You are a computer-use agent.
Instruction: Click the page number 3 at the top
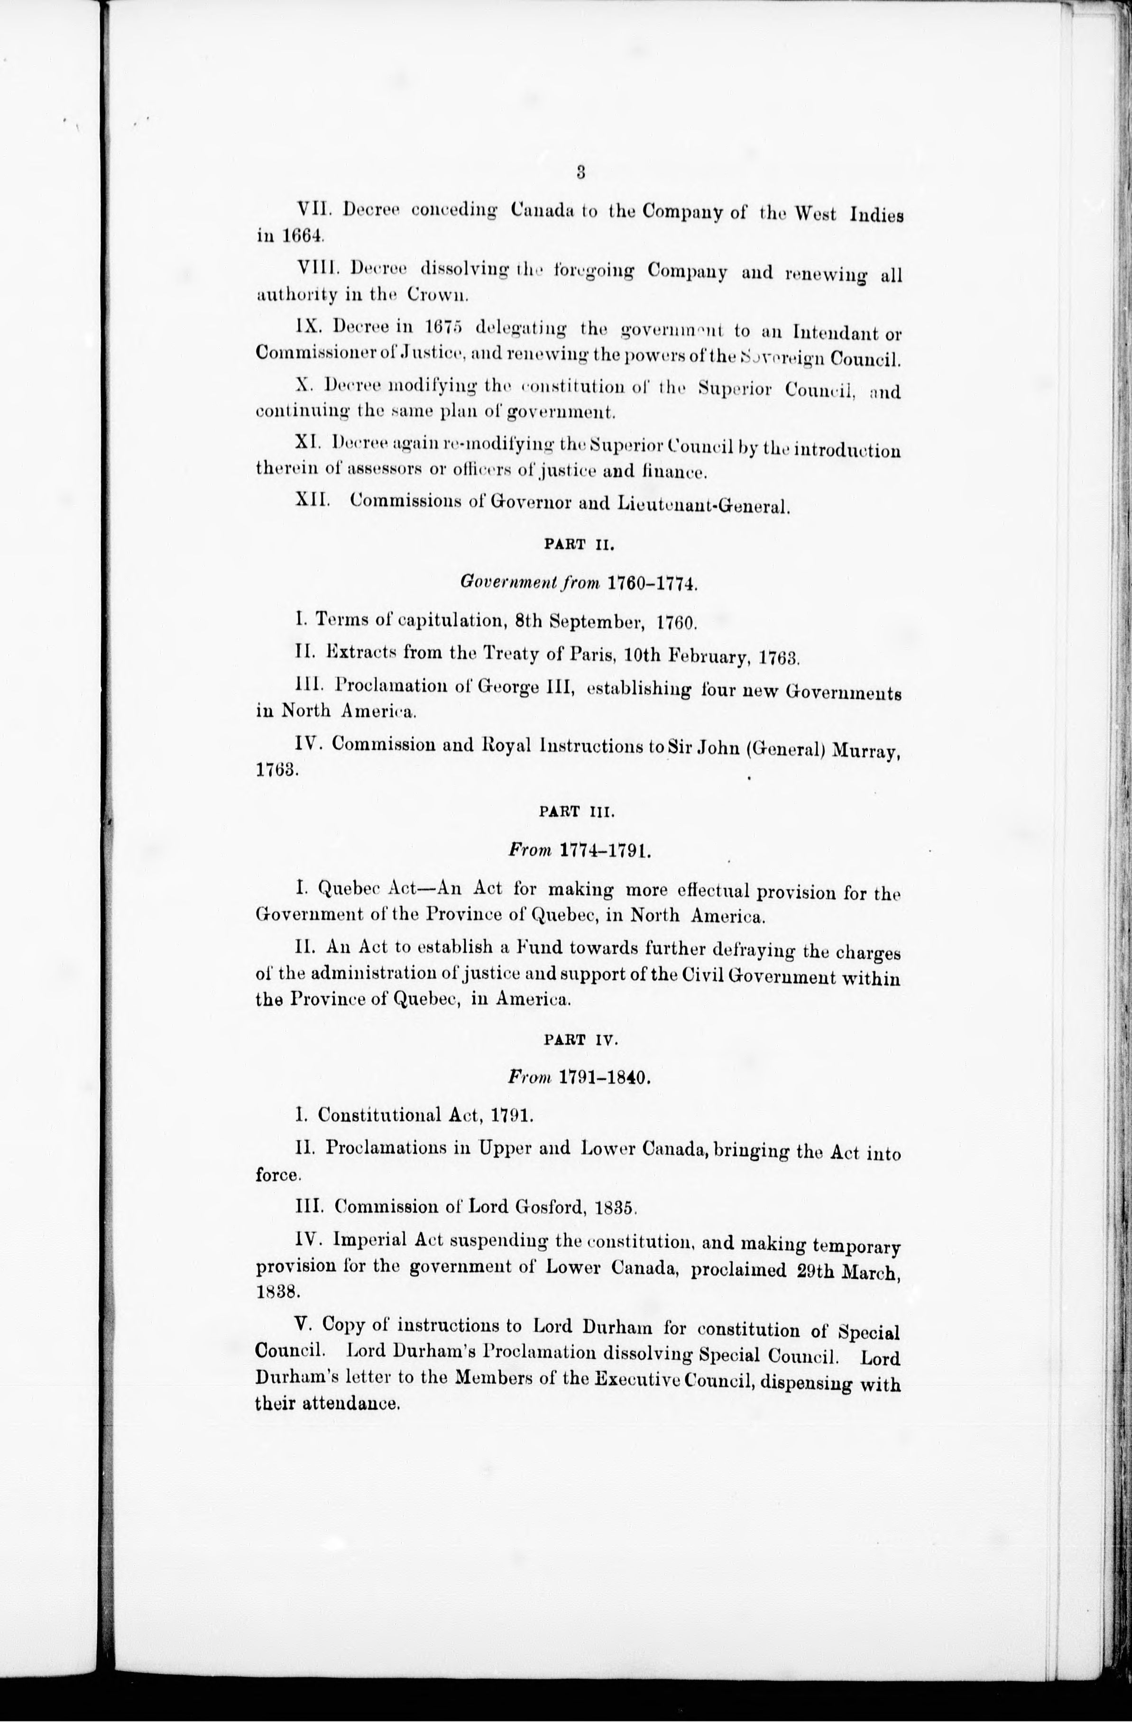(x=580, y=172)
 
